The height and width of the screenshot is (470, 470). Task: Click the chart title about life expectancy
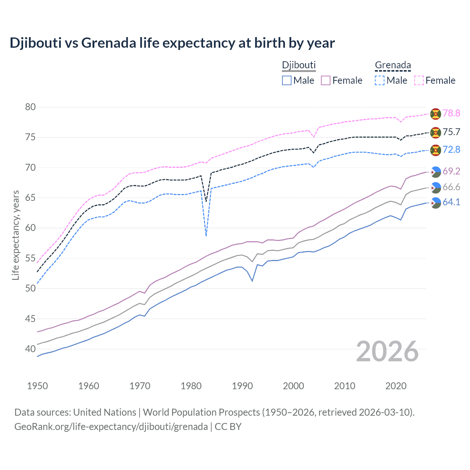point(172,43)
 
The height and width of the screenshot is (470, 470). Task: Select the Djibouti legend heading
point(299,65)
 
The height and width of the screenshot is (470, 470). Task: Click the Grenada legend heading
point(393,65)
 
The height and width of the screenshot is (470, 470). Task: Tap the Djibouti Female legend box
point(326,80)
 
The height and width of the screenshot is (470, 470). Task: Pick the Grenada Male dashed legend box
point(380,80)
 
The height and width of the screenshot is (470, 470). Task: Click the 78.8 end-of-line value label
point(451,113)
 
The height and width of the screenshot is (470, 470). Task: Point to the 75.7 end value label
point(451,132)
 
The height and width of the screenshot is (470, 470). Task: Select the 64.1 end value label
point(451,202)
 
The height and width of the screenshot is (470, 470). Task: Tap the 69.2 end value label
point(451,171)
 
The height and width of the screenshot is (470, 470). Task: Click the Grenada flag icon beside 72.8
point(435,150)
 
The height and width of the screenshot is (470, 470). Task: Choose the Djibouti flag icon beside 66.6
point(435,187)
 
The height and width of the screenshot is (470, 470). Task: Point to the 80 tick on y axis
point(30,107)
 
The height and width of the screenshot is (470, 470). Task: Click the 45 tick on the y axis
point(30,318)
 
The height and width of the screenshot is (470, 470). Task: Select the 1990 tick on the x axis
point(242,386)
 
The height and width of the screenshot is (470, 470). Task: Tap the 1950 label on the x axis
point(37,386)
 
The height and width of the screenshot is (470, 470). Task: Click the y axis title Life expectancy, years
point(16,235)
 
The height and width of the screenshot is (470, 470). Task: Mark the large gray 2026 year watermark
point(387,352)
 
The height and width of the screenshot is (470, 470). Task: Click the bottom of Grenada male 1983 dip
point(206,235)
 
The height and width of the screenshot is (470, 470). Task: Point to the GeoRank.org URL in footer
point(111,427)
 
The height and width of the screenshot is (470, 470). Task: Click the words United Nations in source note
point(105,412)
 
